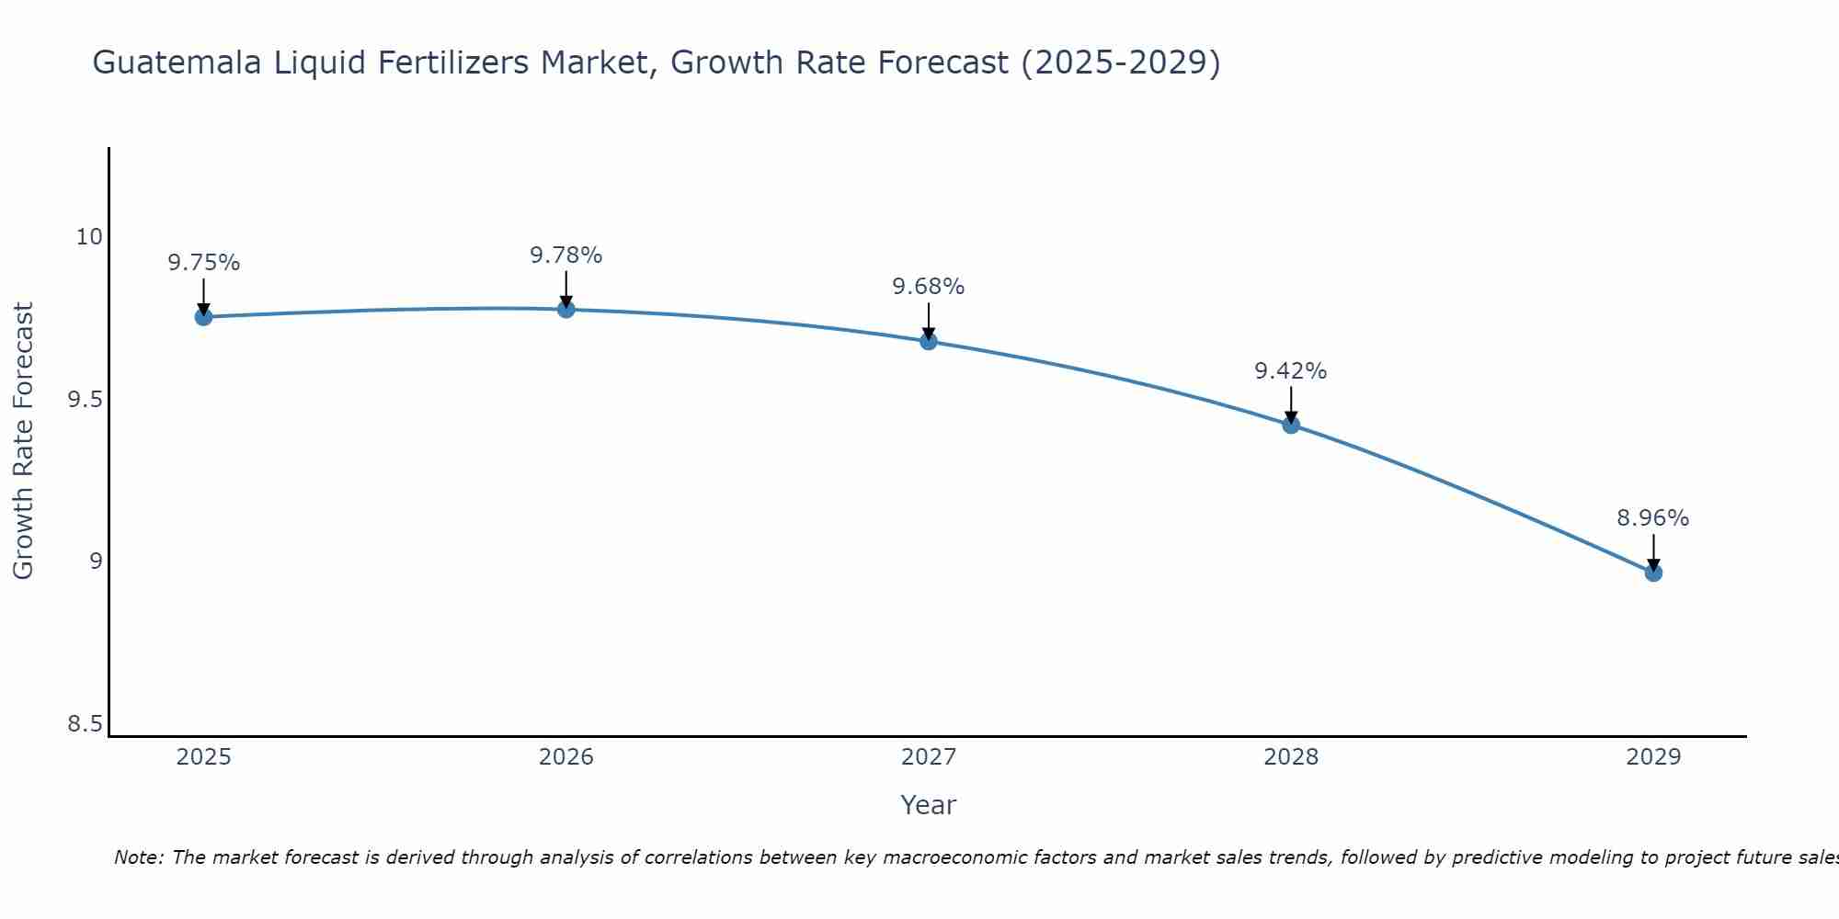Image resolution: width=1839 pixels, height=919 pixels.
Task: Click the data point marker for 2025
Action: pos(203,317)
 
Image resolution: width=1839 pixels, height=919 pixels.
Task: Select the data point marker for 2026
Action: pos(566,309)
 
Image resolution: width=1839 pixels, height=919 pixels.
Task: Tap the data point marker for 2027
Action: pos(929,341)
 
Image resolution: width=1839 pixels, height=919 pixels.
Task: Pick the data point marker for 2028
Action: pos(1291,425)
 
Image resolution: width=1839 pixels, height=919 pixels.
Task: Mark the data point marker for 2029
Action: pos(1653,573)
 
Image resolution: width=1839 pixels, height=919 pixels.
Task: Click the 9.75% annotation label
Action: pos(203,263)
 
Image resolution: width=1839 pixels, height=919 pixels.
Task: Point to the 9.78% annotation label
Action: pos(566,255)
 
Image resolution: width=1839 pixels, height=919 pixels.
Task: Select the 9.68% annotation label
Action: pos(929,287)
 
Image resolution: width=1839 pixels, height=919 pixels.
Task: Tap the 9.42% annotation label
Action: pos(1291,371)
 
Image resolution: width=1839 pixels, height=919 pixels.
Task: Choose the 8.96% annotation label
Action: pos(1653,518)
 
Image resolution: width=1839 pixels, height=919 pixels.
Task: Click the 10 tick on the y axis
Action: pos(88,237)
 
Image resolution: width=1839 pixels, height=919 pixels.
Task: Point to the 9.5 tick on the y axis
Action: pos(85,400)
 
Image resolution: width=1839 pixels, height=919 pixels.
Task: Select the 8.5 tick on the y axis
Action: pos(85,725)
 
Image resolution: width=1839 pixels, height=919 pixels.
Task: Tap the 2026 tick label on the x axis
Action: pos(566,757)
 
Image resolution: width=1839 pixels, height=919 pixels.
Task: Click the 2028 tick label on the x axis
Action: pos(1291,757)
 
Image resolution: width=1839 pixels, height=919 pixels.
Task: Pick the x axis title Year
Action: pos(929,805)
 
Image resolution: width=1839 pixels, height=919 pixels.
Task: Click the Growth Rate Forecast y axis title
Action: pos(23,441)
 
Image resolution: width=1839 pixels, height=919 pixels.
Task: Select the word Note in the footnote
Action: pos(137,857)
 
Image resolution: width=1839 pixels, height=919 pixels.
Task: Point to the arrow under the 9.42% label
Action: pos(1291,404)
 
